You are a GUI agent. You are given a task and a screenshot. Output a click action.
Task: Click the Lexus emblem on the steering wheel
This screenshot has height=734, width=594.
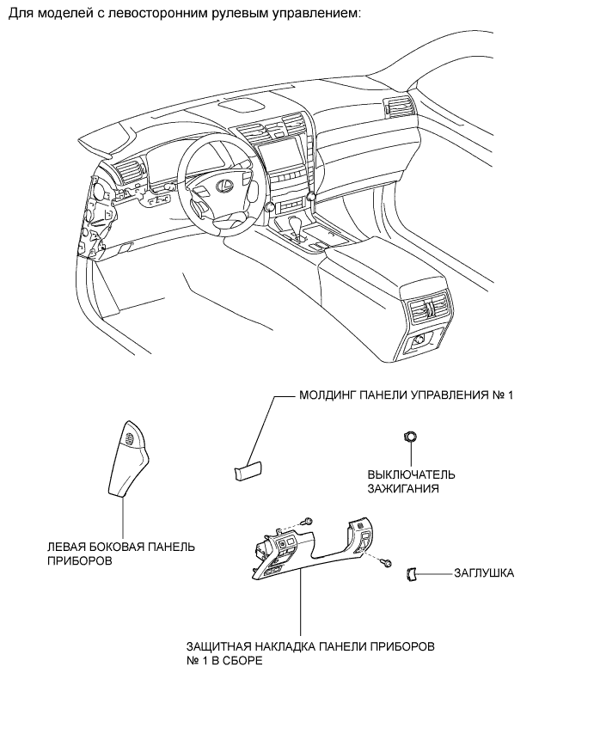click(224, 185)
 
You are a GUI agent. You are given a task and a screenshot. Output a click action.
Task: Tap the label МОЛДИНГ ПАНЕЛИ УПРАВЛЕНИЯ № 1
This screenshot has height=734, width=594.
click(407, 395)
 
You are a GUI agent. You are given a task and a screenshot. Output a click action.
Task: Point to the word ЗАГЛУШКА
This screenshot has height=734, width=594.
click(484, 573)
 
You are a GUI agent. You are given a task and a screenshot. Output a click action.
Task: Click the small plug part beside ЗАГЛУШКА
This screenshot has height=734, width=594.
click(411, 573)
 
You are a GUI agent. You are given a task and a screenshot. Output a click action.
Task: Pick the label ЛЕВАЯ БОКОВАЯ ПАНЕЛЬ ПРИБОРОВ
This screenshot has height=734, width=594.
click(121, 554)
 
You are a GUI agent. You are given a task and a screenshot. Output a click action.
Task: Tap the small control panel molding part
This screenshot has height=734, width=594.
click(248, 471)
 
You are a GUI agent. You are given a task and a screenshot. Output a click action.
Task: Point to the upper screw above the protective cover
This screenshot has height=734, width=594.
click(308, 521)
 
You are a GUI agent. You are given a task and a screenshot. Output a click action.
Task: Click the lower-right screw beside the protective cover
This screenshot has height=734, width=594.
click(386, 563)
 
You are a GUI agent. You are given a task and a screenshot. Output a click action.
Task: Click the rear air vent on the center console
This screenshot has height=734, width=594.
click(430, 309)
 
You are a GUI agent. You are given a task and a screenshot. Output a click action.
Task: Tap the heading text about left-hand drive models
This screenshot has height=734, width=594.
click(185, 13)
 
